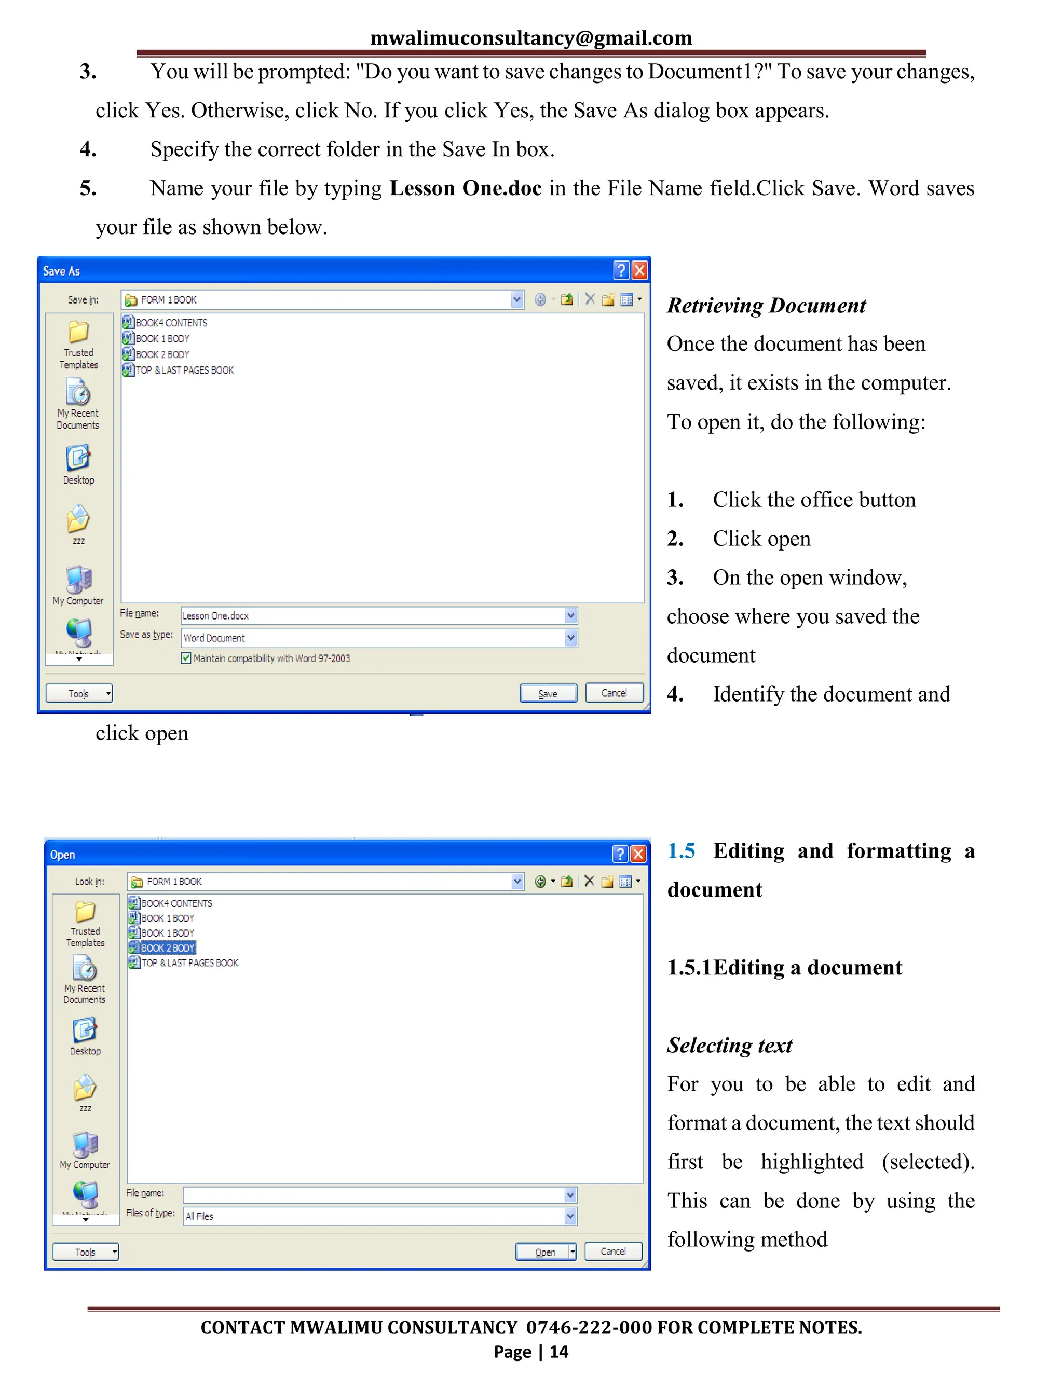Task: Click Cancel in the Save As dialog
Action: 614,693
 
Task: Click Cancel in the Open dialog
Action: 613,1251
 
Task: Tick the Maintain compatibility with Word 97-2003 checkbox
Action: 186,658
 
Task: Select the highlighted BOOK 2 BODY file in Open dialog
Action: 167,947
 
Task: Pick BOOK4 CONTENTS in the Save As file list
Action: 171,323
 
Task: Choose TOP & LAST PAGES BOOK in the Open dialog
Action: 189,962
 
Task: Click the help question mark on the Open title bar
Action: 620,854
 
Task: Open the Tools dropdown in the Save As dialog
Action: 79,693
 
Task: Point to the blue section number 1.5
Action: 681,850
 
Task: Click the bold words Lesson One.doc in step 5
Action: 466,188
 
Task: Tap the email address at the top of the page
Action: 531,38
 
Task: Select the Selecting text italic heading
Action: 729,1045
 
